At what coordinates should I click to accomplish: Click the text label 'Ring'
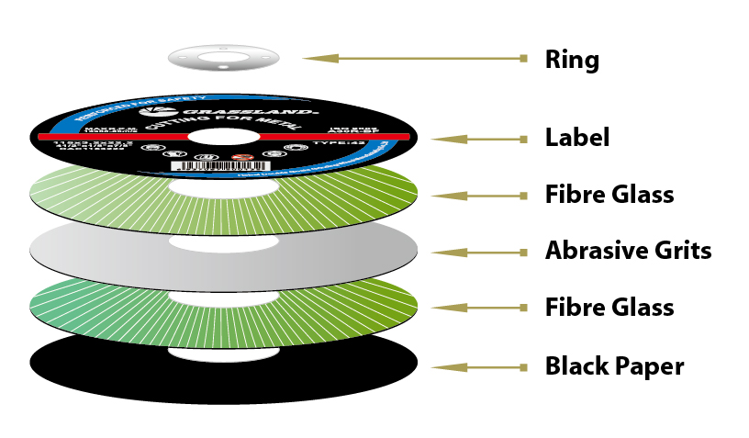pos(572,61)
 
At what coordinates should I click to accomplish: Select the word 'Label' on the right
pos(576,139)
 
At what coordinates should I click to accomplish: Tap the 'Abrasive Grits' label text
pos(628,250)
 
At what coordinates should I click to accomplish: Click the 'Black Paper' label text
pos(614,366)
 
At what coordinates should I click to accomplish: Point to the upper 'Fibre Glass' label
pos(609,195)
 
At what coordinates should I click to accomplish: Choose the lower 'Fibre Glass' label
pos(609,307)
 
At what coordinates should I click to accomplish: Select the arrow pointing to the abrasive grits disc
pos(479,250)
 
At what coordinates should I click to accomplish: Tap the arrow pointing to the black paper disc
pos(479,367)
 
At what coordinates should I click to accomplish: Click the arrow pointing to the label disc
pos(479,140)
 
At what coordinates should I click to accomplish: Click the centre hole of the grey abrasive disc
pos(223,242)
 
